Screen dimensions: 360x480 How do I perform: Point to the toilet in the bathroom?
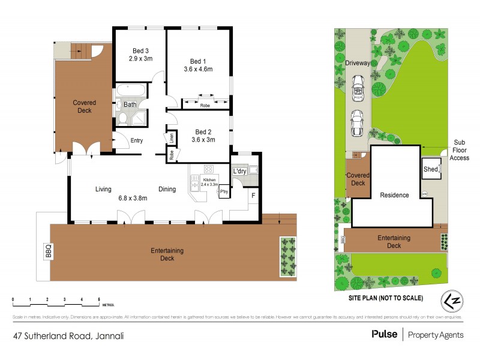pyautogui.click(x=122, y=119)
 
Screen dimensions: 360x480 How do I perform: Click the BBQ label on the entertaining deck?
pyautogui.click(x=48, y=251)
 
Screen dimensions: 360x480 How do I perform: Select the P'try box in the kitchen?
pyautogui.click(x=224, y=192)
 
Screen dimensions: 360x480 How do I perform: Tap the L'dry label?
pyautogui.click(x=239, y=172)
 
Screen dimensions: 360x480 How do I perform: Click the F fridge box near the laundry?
pyautogui.click(x=253, y=195)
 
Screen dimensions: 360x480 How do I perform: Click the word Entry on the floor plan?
pyautogui.click(x=136, y=141)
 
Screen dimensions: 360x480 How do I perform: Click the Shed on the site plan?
pyautogui.click(x=430, y=170)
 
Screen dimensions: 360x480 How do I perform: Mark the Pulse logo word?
pyautogui.click(x=385, y=335)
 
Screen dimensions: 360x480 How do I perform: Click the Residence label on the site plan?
pyautogui.click(x=394, y=195)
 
